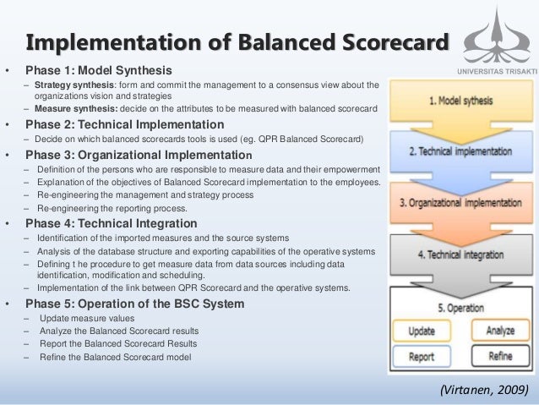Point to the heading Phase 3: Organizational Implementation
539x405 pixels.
point(138,156)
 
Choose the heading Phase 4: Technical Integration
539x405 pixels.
point(112,223)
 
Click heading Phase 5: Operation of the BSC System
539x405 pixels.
point(135,304)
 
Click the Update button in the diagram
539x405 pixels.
point(422,331)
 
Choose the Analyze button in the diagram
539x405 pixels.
point(500,331)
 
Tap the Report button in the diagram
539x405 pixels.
point(422,356)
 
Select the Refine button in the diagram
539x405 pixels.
point(500,356)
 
